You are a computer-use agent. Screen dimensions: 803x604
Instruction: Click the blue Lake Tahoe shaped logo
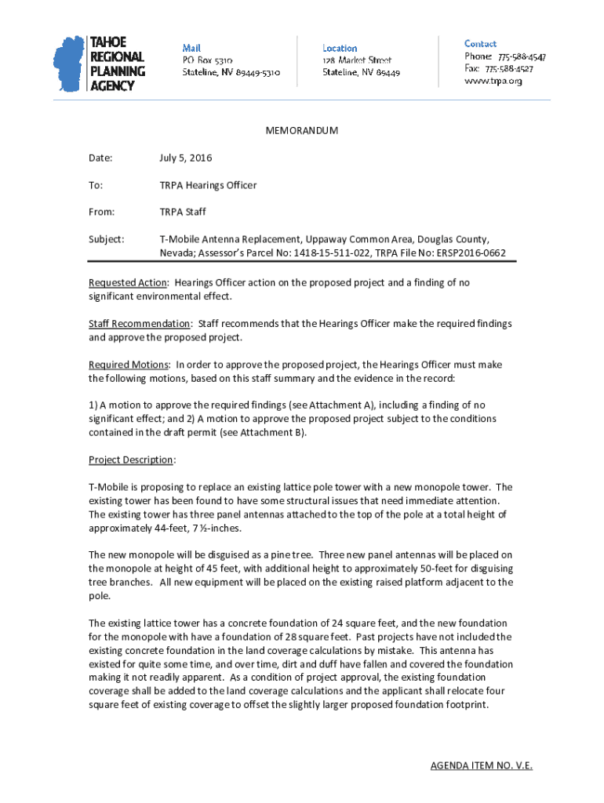tap(68, 64)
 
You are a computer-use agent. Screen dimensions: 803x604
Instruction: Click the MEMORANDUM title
tap(302, 131)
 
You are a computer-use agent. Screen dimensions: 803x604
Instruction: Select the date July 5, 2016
tap(185, 158)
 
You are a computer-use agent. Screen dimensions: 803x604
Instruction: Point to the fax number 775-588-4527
tap(509, 69)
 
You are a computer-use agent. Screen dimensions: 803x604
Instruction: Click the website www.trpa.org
tap(493, 81)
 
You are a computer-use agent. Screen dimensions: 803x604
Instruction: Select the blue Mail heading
tap(191, 48)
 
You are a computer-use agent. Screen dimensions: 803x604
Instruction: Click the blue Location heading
tap(340, 48)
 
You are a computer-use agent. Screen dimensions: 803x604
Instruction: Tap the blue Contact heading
tap(480, 44)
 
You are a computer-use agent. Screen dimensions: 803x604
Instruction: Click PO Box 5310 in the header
tap(207, 60)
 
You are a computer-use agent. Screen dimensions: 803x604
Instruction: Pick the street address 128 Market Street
tap(357, 60)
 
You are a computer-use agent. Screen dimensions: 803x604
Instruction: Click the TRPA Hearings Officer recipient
tap(208, 185)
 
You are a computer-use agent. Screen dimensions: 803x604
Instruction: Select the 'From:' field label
tap(102, 212)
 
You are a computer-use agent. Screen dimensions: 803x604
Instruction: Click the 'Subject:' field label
tap(106, 238)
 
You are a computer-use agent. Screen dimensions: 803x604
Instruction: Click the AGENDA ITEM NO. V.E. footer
tap(481, 765)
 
